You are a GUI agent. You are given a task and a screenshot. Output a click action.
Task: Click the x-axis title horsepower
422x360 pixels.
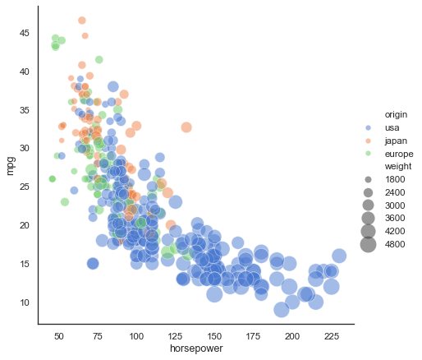[195, 349]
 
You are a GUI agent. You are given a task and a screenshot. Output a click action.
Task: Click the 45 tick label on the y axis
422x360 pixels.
[25, 33]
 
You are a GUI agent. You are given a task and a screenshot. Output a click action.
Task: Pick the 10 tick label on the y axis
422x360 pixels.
[25, 302]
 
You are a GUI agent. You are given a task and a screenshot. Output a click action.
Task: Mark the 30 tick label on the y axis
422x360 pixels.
[25, 148]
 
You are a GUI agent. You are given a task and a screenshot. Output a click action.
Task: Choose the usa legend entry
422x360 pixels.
[392, 127]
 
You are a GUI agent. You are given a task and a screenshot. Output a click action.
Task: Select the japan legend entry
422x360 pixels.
[396, 141]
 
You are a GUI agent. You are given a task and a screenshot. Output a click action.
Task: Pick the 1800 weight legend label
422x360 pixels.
[397, 179]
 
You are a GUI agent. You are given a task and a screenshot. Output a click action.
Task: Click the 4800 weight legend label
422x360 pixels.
[397, 243]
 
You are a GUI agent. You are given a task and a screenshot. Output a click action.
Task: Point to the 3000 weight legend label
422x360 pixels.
[397, 205]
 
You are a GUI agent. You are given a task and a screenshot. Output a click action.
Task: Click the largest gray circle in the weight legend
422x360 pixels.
[368, 243]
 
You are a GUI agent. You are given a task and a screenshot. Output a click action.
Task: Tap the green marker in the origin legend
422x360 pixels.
[368, 154]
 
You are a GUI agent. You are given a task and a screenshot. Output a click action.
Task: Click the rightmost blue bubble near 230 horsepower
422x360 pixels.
[339, 256]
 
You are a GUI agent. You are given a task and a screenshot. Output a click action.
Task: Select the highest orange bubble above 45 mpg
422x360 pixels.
[81, 21]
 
